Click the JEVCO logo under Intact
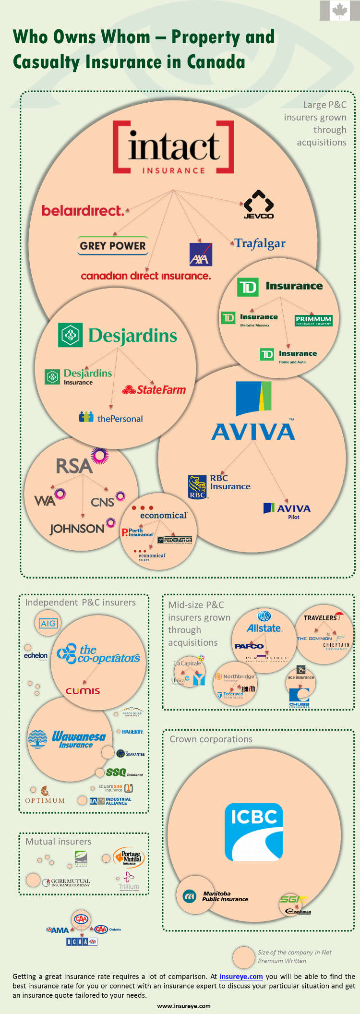click(x=259, y=205)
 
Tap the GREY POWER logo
click(x=113, y=245)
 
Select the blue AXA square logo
click(x=201, y=254)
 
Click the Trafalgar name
click(x=260, y=243)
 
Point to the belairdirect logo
click(x=83, y=211)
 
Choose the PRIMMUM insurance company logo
click(x=313, y=320)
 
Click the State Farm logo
click(x=154, y=390)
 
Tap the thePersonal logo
click(x=111, y=418)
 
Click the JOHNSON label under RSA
click(x=77, y=529)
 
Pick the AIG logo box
click(x=48, y=623)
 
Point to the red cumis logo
click(x=83, y=691)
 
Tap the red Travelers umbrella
click(x=339, y=615)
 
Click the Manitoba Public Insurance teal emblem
click(x=190, y=896)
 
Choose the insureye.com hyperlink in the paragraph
click(x=241, y=977)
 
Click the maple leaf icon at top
click(x=340, y=11)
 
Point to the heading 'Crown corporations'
click(x=211, y=739)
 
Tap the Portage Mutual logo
click(x=129, y=857)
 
